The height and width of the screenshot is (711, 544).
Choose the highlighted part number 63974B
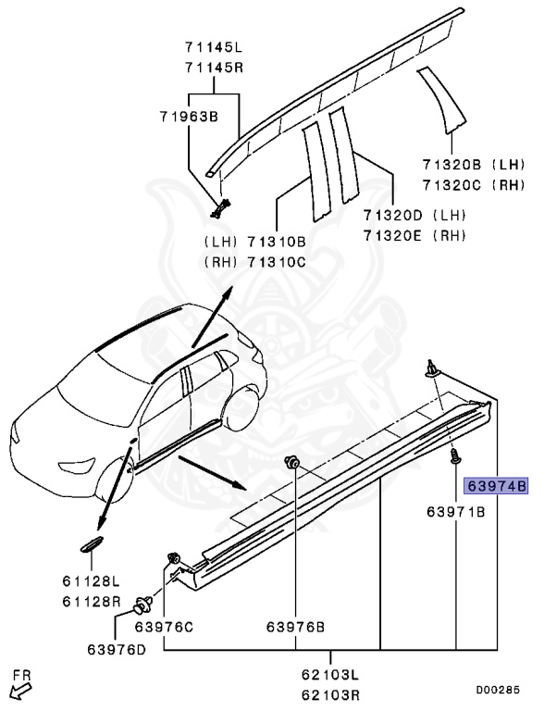(497, 485)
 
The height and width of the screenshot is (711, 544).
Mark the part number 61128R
(91, 601)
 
